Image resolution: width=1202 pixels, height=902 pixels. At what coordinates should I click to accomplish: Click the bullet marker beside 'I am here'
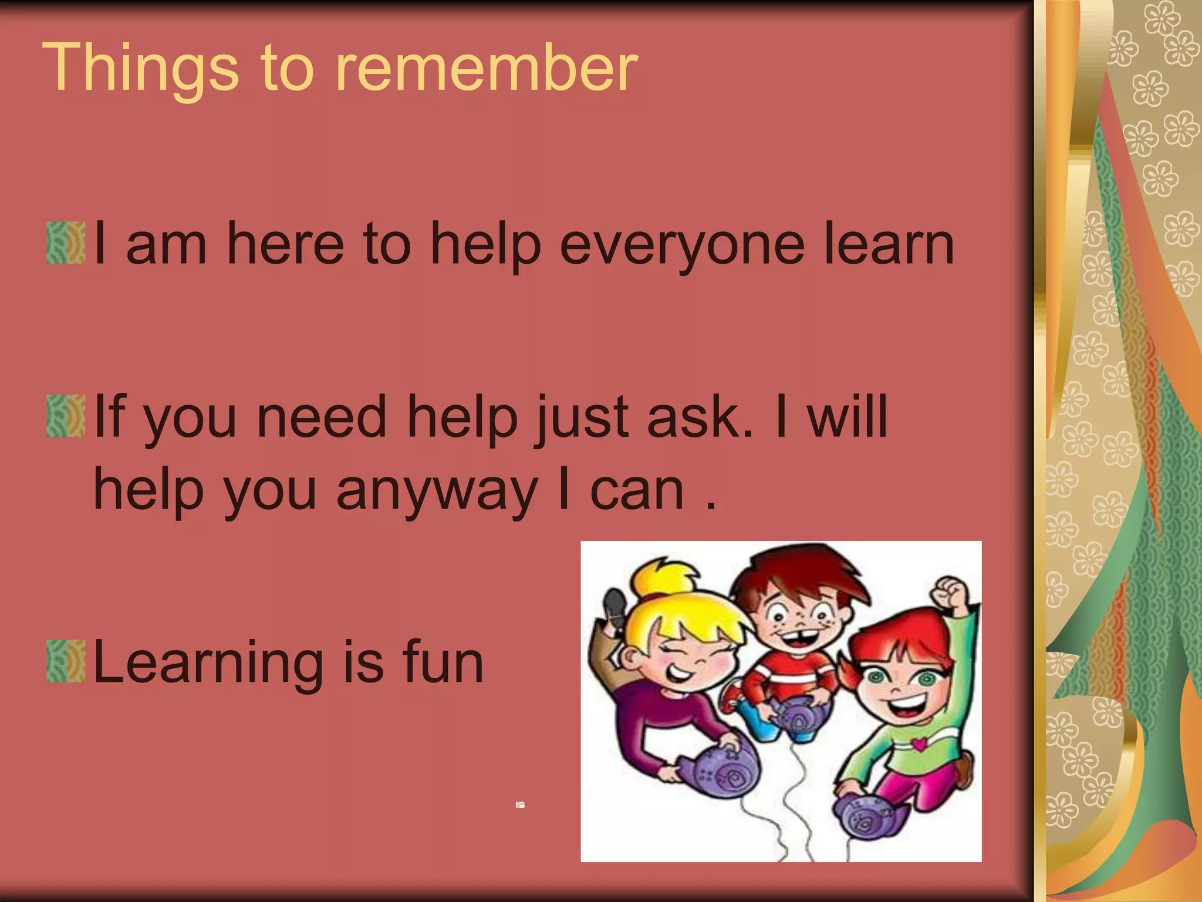[x=66, y=243]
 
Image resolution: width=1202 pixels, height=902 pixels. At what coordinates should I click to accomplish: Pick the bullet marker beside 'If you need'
[x=66, y=416]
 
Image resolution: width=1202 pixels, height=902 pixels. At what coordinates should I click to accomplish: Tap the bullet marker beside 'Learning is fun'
[x=66, y=661]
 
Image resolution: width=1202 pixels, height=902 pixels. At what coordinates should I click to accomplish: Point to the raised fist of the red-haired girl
[x=951, y=594]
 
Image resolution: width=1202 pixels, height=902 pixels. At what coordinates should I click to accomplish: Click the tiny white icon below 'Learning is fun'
[x=520, y=805]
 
